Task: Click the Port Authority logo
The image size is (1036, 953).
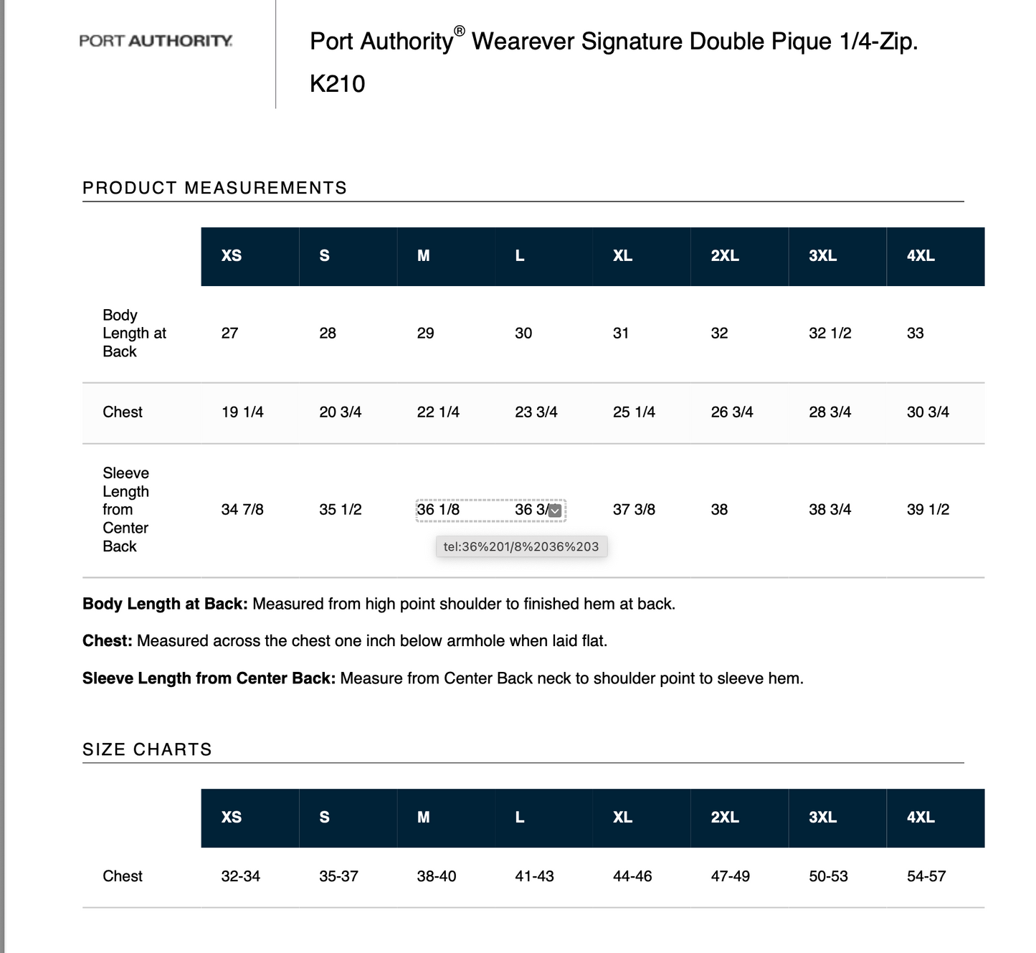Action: (156, 41)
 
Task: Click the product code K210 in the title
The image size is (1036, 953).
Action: (337, 84)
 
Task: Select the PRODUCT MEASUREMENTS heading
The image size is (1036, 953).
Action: (214, 188)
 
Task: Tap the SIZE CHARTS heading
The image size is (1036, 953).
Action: (147, 749)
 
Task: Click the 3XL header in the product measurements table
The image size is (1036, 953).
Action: (822, 256)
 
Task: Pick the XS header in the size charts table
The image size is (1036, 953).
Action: (231, 817)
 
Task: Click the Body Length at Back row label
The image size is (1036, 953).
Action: (133, 333)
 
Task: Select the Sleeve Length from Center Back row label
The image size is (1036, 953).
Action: (125, 510)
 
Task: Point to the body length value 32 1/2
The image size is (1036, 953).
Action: (830, 333)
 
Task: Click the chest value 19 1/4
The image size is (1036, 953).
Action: (242, 412)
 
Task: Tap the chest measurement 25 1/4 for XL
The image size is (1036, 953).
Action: (634, 412)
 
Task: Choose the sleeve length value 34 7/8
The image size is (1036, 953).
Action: (242, 510)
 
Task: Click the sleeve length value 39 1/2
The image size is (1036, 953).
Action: (928, 510)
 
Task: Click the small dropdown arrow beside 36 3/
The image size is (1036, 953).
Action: (555, 511)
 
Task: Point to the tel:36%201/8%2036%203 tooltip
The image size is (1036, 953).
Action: (521, 546)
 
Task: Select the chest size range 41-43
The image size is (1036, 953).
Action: (534, 876)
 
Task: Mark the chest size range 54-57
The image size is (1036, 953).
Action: (926, 876)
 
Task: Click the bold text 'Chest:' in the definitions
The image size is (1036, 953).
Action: (108, 641)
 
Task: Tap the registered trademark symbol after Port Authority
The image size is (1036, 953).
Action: (460, 31)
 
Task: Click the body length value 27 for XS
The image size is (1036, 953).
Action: (229, 333)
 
